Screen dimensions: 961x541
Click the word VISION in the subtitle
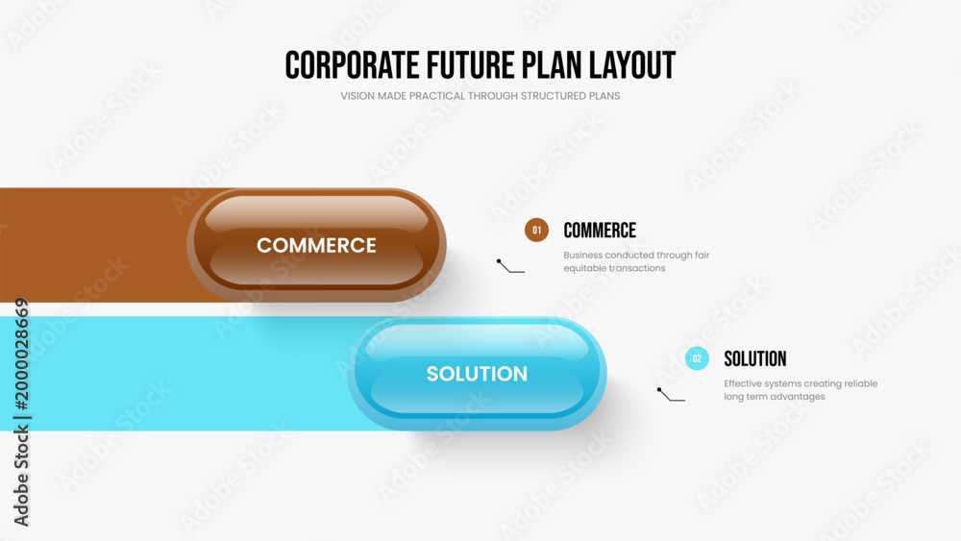(x=357, y=96)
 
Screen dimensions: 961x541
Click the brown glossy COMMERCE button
(x=316, y=245)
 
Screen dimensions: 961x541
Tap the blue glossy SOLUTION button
(x=477, y=374)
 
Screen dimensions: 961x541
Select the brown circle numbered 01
(x=536, y=231)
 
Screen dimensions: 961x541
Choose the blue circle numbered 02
(x=697, y=359)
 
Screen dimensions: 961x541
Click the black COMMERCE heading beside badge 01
(x=600, y=231)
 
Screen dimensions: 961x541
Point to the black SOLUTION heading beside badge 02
(x=755, y=359)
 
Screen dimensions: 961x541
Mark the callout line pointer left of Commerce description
(x=510, y=267)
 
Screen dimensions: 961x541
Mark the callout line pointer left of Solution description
(x=671, y=395)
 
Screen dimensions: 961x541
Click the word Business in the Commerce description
(x=583, y=255)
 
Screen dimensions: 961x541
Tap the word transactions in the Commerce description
(x=639, y=268)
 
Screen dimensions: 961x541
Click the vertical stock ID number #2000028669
(x=21, y=355)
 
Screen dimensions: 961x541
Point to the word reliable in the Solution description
(x=861, y=383)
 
